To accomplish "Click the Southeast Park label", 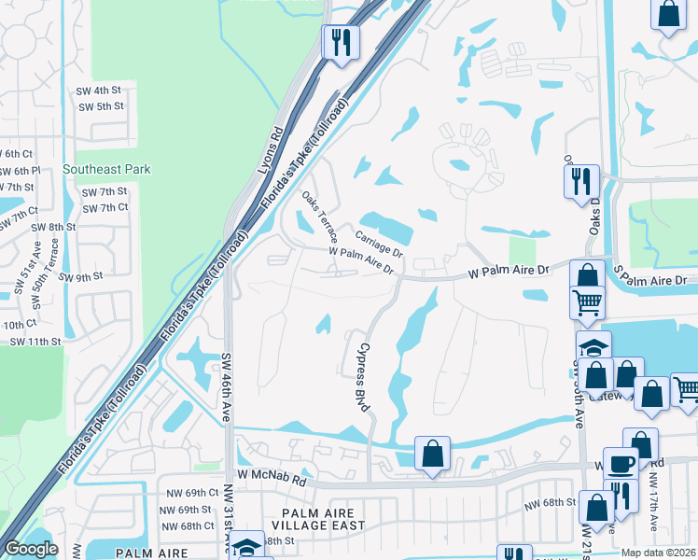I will pyautogui.click(x=106, y=170).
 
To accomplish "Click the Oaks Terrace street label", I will pyautogui.click(x=319, y=217).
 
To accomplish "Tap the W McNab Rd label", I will pyautogui.click(x=272, y=477).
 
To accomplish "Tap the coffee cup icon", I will pyautogui.click(x=621, y=463).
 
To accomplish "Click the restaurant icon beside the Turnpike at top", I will pyautogui.click(x=341, y=42).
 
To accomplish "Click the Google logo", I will pyautogui.click(x=31, y=549).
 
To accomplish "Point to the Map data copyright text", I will pyautogui.click(x=657, y=553).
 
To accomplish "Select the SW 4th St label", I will pyautogui.click(x=100, y=91).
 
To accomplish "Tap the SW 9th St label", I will pyautogui.click(x=79, y=277).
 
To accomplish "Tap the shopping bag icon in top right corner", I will pyautogui.click(x=668, y=16).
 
